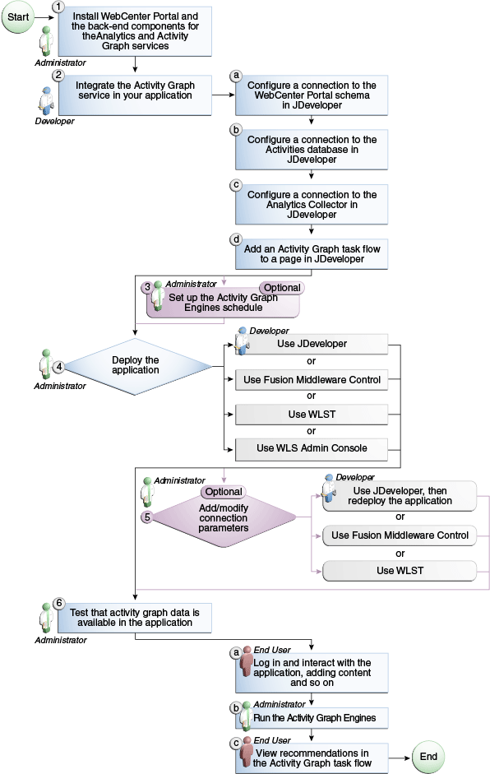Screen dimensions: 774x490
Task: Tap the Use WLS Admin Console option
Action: tap(311, 448)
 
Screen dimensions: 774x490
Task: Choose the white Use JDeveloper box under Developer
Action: tap(311, 344)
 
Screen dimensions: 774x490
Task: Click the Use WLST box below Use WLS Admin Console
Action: tap(400, 570)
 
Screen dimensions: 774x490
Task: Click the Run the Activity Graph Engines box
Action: tap(312, 717)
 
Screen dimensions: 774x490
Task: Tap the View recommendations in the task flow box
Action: tap(312, 757)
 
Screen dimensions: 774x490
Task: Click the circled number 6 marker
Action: tap(58, 603)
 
